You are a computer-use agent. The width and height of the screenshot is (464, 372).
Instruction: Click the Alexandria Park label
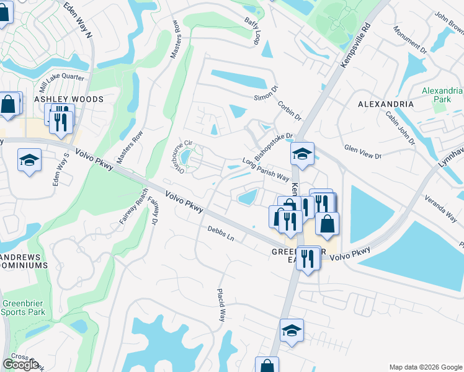pyautogui.click(x=442, y=95)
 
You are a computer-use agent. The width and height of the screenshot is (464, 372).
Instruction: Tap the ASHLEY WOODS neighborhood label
pyautogui.click(x=69, y=99)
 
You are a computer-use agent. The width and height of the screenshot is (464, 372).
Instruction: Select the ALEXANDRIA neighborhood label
pyautogui.click(x=386, y=104)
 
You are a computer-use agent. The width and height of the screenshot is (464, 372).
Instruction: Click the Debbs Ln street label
pyautogui.click(x=221, y=234)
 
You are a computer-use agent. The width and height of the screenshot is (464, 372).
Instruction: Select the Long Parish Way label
pyautogui.click(x=266, y=169)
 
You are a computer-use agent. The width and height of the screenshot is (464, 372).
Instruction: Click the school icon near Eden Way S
pyautogui.click(x=29, y=161)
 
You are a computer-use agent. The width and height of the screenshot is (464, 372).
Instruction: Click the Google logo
pyautogui.click(x=20, y=365)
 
